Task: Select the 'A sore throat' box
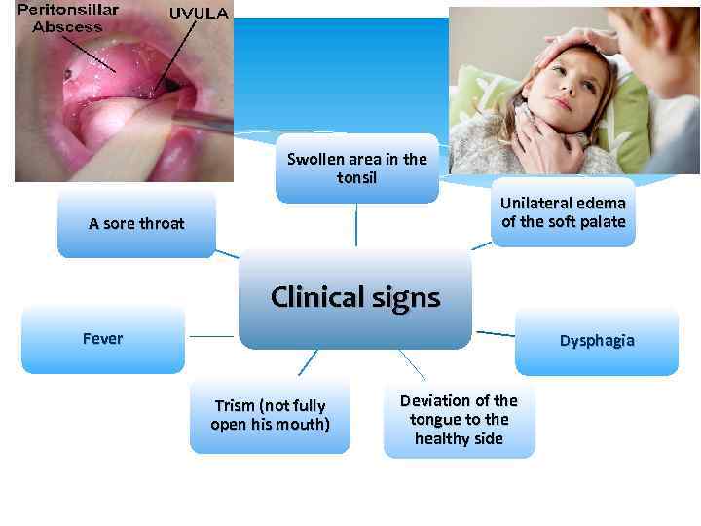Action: coord(136,224)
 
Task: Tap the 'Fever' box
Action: coord(103,340)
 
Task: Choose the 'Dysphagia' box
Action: coord(596,341)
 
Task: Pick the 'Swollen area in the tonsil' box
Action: coord(356,169)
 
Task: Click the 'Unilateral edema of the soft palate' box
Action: coord(563,212)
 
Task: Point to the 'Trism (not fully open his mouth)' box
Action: coord(270,415)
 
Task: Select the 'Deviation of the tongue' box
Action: coord(459,419)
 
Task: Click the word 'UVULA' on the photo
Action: coord(199,14)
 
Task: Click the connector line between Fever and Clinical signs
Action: coord(211,336)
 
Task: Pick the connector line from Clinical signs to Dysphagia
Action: coord(495,333)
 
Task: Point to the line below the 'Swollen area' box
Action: coord(356,224)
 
